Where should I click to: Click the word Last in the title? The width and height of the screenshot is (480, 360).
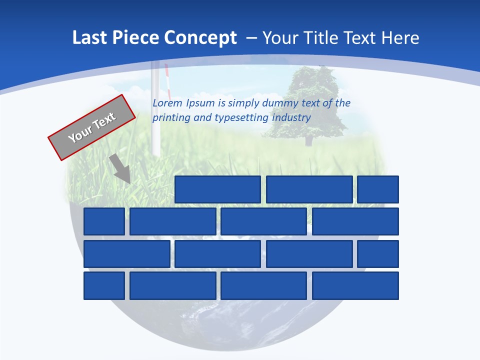(89, 37)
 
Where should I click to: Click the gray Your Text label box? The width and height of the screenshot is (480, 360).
(92, 127)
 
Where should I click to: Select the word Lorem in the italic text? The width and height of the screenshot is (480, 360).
(167, 103)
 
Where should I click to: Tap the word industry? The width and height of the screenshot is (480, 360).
(291, 118)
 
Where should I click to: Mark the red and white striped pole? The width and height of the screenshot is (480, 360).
(167, 80)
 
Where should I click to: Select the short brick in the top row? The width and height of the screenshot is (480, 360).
(378, 189)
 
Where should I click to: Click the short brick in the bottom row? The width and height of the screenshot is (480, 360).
(104, 285)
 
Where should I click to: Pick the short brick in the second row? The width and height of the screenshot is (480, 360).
(104, 221)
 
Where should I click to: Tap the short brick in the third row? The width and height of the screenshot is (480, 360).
(378, 254)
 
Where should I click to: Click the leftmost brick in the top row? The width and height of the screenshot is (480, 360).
(217, 189)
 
